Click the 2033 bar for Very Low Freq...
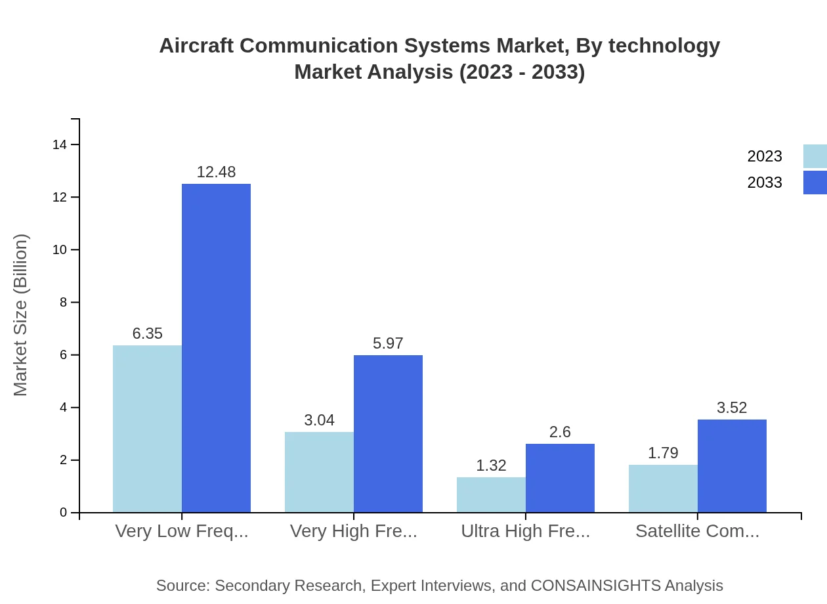(216, 348)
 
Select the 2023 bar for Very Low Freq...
(147, 429)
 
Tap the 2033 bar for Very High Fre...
(388, 433)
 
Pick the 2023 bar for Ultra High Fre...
(491, 494)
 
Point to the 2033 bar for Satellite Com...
(732, 465)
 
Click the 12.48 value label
(216, 172)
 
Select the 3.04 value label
(319, 420)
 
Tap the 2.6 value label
(560, 432)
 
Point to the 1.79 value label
(663, 453)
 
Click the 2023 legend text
(765, 156)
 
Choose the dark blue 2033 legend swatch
(815, 183)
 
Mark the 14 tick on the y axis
(60, 145)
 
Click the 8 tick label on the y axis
(63, 303)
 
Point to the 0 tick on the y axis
(64, 513)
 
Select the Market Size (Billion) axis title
(21, 315)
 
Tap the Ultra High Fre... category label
(525, 531)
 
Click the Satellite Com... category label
(697, 531)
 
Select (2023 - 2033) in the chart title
(522, 72)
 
